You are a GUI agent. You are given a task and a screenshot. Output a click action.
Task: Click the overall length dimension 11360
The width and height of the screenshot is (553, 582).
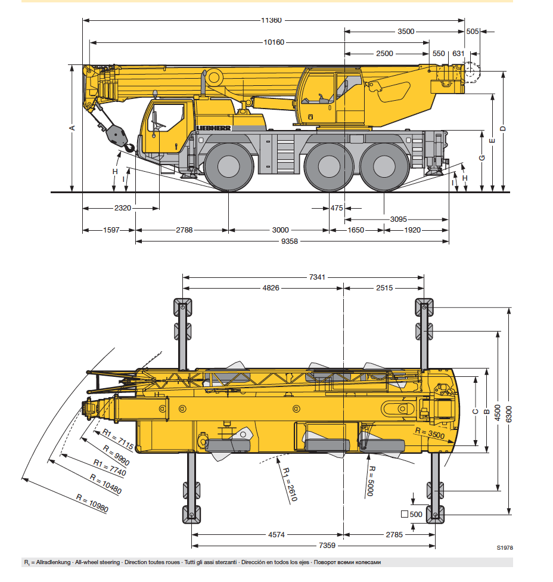point(271,20)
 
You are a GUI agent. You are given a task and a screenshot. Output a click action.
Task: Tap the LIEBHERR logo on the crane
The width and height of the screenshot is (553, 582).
point(213,128)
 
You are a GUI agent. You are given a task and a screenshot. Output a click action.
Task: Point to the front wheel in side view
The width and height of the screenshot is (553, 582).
point(229,167)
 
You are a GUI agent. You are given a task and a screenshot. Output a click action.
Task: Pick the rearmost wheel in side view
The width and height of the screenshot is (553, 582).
point(384,167)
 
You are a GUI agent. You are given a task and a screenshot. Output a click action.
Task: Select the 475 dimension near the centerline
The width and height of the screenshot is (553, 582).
point(337,208)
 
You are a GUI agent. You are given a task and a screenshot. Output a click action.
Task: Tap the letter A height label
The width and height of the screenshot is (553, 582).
point(72,128)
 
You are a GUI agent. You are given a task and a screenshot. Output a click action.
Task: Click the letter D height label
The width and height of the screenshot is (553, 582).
point(502,128)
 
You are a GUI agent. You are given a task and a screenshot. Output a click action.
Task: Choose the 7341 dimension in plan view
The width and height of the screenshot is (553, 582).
point(317,277)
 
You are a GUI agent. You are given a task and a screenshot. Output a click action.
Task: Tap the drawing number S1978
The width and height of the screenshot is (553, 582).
point(504,547)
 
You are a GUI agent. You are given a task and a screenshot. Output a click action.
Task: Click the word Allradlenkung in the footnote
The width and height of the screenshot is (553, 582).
point(54,562)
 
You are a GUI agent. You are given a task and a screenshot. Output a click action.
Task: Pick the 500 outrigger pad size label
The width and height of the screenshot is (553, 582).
point(416,514)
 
